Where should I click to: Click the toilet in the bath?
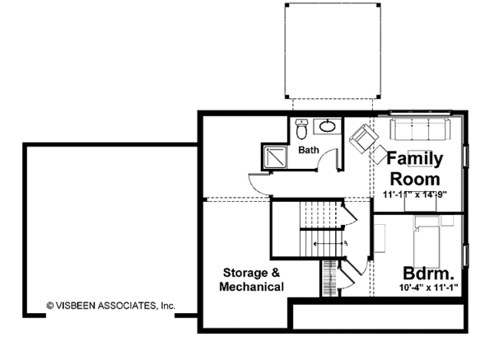302,129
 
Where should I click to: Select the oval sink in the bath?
327,127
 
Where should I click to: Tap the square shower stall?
272,155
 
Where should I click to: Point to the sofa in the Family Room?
418,129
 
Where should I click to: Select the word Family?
415,158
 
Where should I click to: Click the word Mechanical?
252,287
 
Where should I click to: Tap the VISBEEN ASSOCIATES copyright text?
110,305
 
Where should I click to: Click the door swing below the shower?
259,185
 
